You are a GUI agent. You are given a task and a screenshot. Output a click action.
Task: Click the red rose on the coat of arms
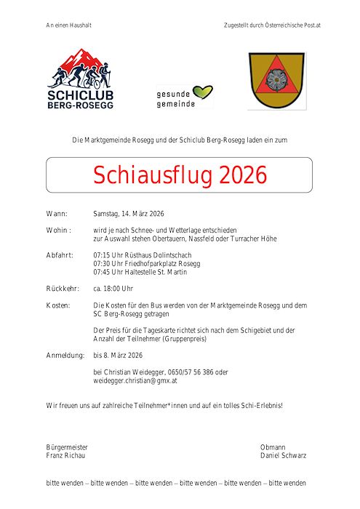(276, 78)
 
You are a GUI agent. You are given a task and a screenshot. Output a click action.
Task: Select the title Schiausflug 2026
(180, 175)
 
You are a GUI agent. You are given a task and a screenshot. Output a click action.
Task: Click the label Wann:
(57, 215)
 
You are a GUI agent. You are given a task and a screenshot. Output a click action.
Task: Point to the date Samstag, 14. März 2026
(129, 215)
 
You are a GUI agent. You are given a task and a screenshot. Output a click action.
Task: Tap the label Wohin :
(58, 231)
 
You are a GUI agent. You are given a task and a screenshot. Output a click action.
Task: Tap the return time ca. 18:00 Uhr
(113, 289)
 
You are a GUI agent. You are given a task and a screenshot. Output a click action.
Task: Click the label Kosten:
(58, 305)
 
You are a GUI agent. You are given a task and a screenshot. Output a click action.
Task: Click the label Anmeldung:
(64, 355)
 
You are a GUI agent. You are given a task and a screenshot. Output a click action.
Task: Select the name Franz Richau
(65, 456)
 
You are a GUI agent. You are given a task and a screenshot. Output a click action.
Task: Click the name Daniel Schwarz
(283, 456)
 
